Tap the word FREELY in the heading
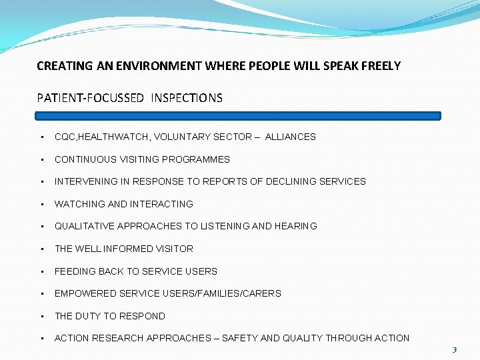point(380,66)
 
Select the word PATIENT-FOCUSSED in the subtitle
point(90,98)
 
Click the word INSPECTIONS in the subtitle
point(187,98)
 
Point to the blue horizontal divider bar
point(239,115)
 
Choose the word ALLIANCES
point(290,137)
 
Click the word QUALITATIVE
point(84,226)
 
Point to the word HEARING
point(295,226)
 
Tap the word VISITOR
point(174,249)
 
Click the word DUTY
point(88,316)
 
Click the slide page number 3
point(454,349)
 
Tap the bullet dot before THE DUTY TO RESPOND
point(42,316)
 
